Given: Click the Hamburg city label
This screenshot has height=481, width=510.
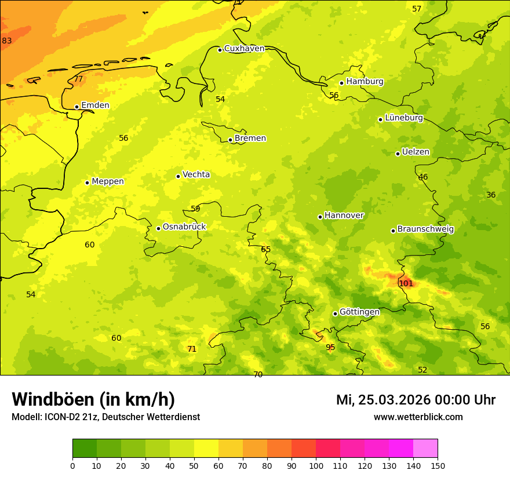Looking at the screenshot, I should click(365, 82).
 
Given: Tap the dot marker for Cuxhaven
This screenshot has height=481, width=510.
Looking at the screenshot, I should click(220, 50).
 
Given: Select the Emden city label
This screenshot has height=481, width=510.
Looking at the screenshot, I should click(95, 105).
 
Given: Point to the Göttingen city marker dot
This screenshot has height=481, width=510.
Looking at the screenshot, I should click(335, 314).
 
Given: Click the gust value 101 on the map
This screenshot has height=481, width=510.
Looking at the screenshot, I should click(406, 283).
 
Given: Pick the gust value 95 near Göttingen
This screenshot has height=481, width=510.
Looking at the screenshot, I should click(330, 348).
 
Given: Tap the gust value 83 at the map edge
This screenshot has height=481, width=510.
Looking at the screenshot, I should click(7, 41).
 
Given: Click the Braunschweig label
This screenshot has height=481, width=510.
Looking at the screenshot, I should click(425, 229).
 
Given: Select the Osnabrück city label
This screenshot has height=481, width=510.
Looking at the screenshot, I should click(184, 227).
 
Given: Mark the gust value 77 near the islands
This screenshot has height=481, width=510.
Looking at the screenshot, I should click(78, 79).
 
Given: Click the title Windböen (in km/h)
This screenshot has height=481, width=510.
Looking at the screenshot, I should click(93, 399).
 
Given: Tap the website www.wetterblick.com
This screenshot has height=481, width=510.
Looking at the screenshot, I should click(418, 417).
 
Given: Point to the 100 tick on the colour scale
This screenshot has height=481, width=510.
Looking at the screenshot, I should click(316, 465).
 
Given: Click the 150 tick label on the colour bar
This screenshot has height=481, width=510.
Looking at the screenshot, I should click(438, 465).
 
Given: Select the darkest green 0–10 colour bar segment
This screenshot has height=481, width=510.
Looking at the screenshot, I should click(85, 448).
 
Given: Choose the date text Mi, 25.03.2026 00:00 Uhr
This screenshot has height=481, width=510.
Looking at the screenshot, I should click(416, 400).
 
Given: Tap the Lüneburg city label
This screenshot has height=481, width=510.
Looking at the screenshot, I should click(404, 118).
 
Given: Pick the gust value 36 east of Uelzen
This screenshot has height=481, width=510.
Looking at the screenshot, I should click(491, 195).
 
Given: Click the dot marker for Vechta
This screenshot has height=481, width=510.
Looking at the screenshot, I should click(178, 176).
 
